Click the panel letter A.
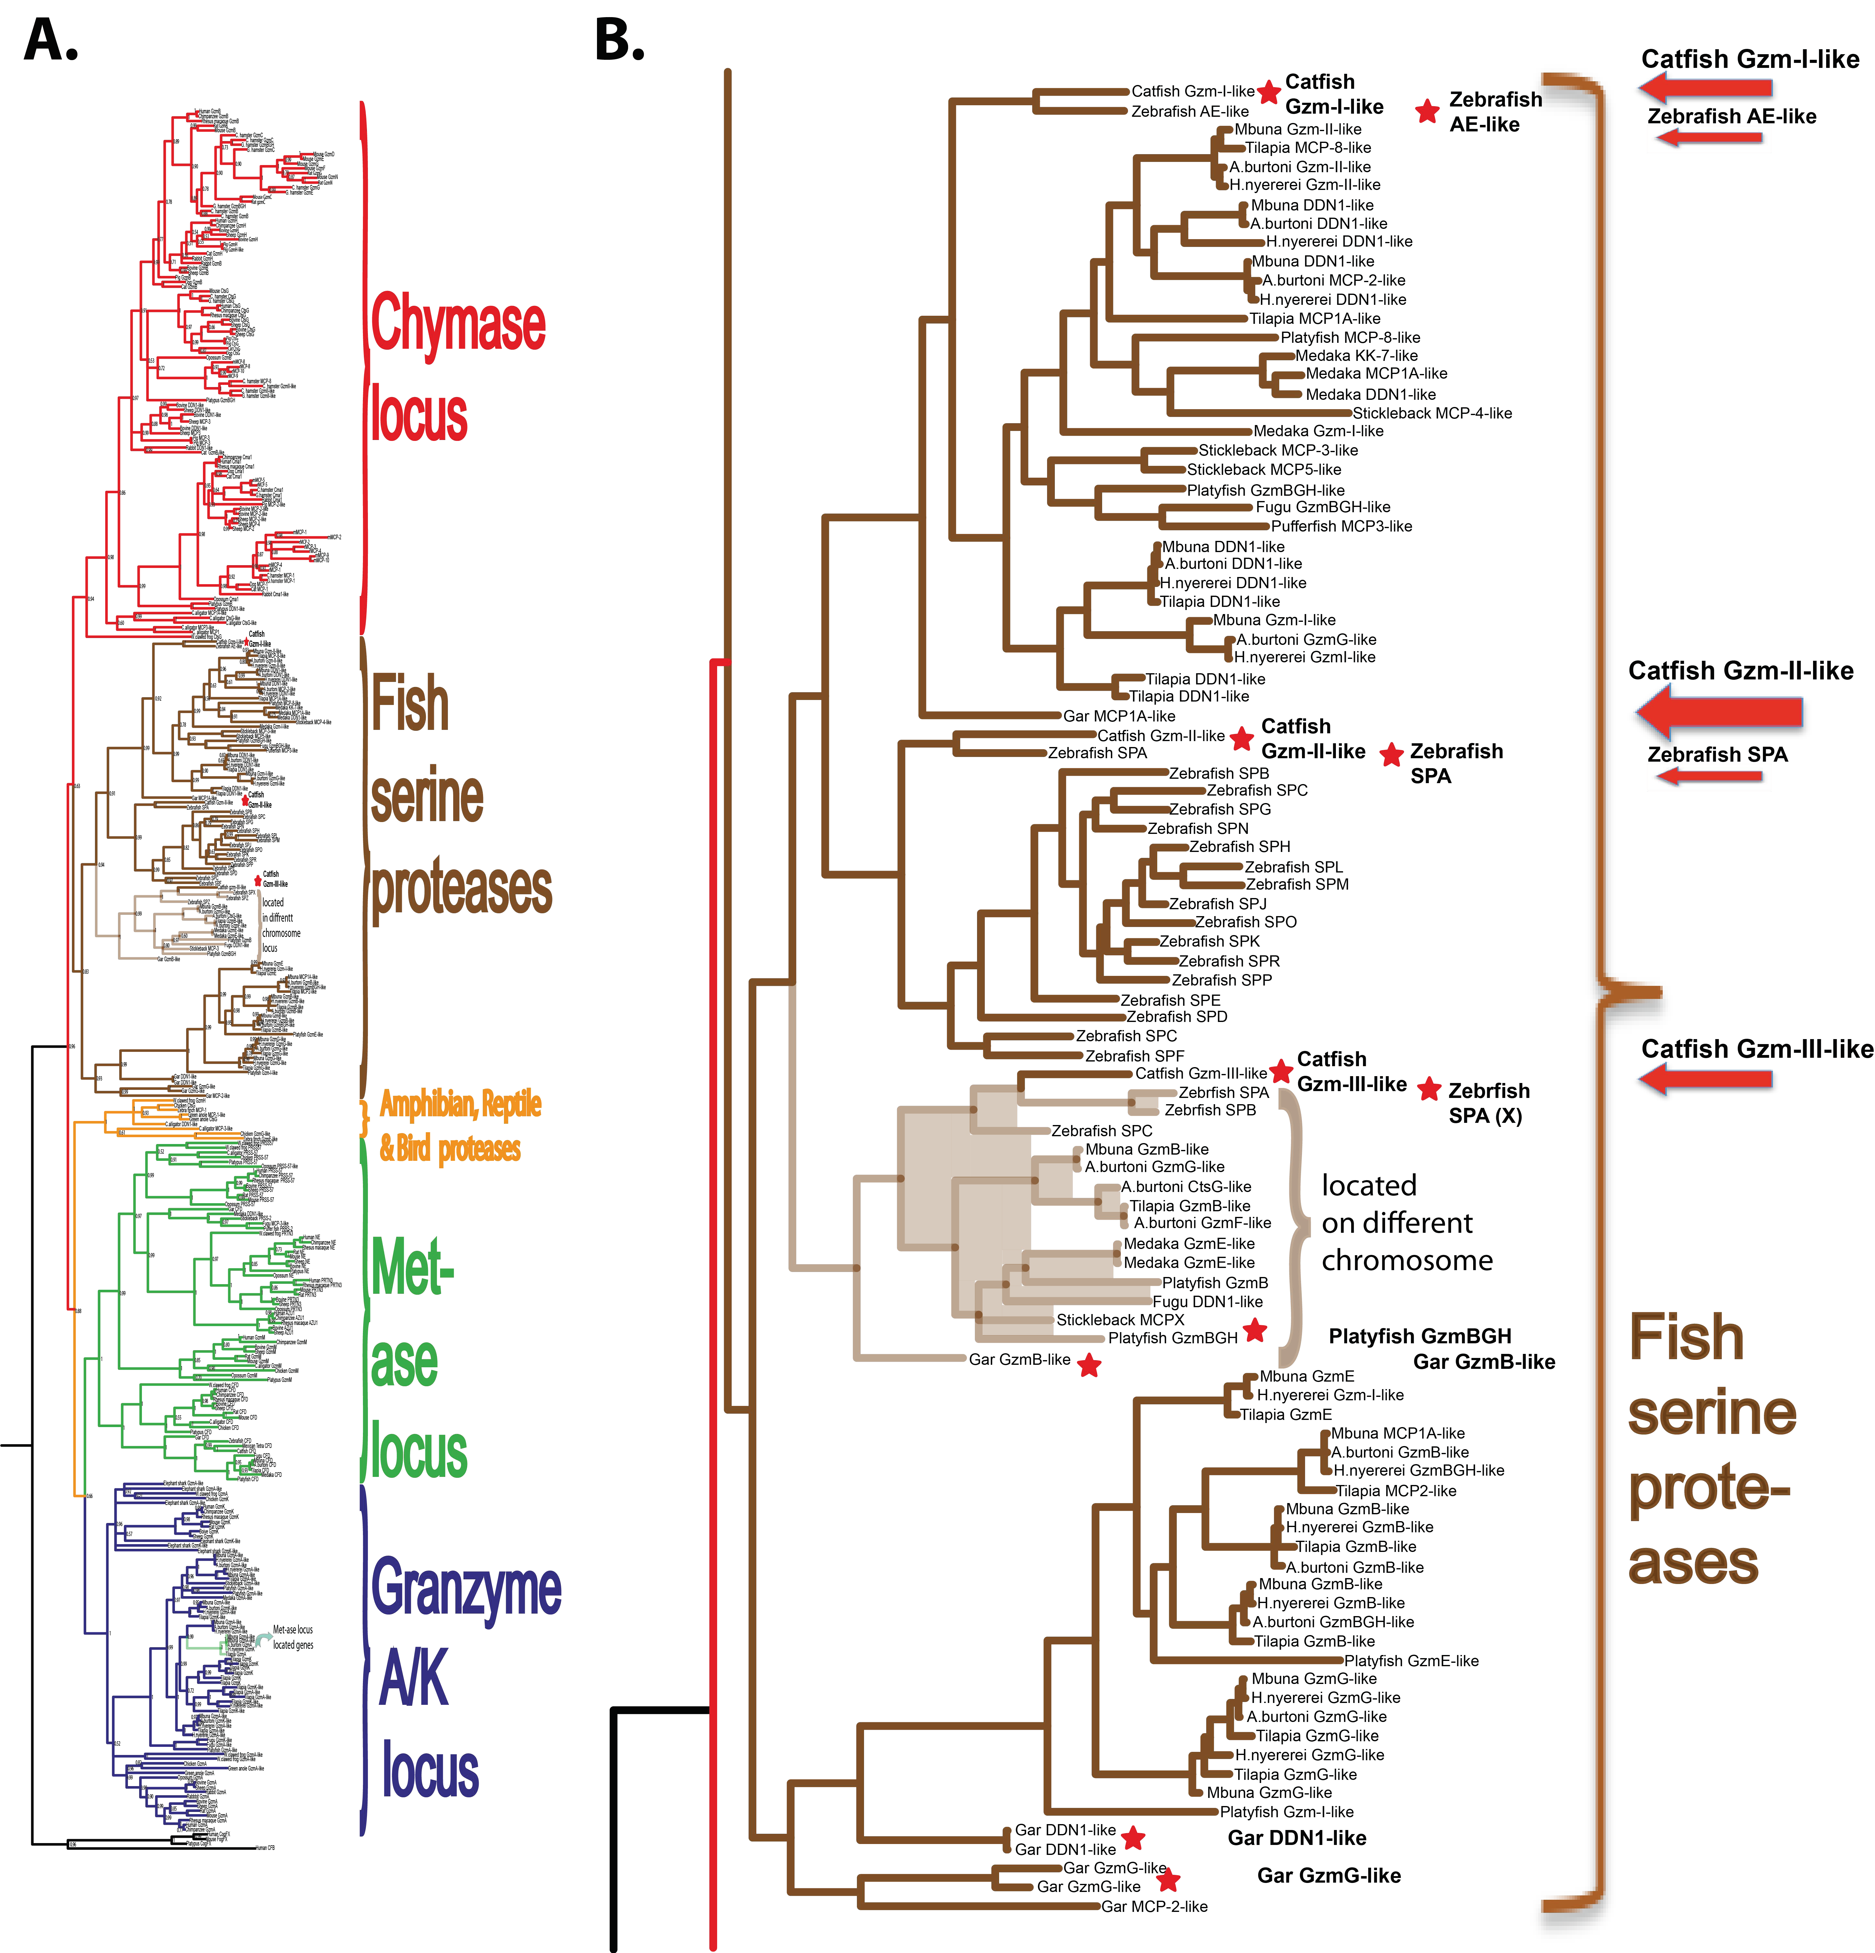click(x=50, y=40)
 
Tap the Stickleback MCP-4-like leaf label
click(x=1432, y=413)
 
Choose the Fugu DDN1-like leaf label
click(x=1207, y=1301)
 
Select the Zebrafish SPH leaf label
click(x=1239, y=846)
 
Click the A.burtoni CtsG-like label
click(x=1186, y=1186)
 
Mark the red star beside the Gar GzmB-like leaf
click(x=1089, y=1365)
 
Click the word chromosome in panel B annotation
click(x=1407, y=1260)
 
